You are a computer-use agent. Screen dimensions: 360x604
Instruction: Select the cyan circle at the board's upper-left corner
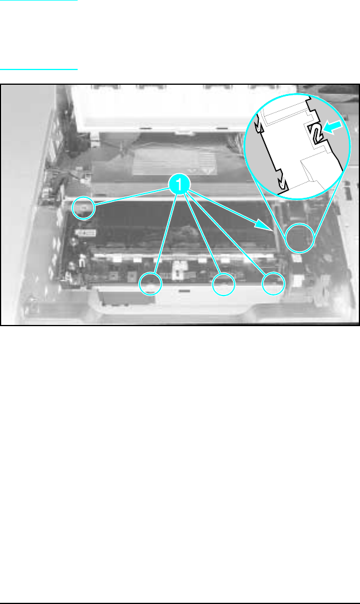click(84, 208)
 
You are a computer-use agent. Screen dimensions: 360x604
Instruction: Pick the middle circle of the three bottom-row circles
click(224, 284)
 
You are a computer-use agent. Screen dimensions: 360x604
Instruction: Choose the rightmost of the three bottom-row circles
click(273, 283)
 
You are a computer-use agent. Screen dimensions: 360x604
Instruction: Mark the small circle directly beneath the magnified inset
click(299, 238)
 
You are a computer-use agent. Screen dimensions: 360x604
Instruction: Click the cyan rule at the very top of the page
click(39, 1)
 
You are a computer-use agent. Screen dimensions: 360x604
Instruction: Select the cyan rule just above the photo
click(39, 69)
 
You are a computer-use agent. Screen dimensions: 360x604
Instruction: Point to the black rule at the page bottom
click(180, 603)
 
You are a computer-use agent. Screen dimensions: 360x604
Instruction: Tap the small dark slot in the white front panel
click(184, 291)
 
